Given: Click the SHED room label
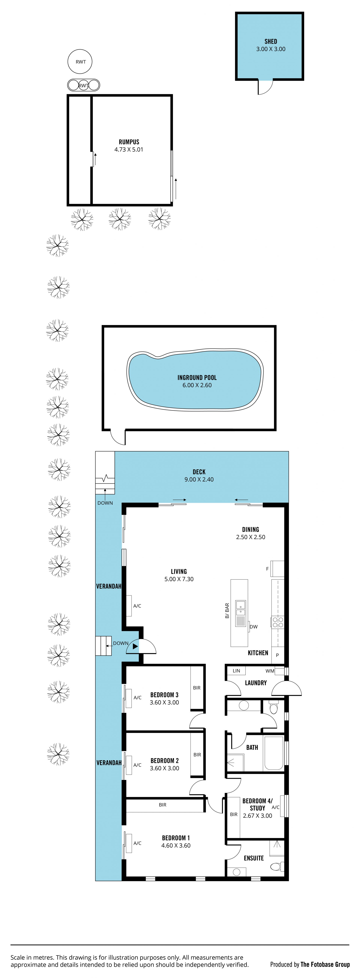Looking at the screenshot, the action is pyautogui.click(x=271, y=41).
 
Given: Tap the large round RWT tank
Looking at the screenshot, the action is pyautogui.click(x=80, y=62).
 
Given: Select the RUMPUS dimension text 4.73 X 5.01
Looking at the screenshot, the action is pyautogui.click(x=129, y=149).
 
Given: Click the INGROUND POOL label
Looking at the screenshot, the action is pyautogui.click(x=197, y=377).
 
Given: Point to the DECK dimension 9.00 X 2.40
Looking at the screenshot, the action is pyautogui.click(x=199, y=479).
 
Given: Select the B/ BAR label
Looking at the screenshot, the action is pyautogui.click(x=227, y=610).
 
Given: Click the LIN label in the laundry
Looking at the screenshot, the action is pyautogui.click(x=236, y=671).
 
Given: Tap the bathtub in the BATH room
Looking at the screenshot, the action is pyautogui.click(x=273, y=753).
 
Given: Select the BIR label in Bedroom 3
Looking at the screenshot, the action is pyautogui.click(x=196, y=688).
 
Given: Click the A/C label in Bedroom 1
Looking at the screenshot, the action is pyautogui.click(x=137, y=843).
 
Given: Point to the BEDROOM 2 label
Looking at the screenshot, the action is pyautogui.click(x=165, y=761).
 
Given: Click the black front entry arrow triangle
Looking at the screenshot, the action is pyautogui.click(x=135, y=646).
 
